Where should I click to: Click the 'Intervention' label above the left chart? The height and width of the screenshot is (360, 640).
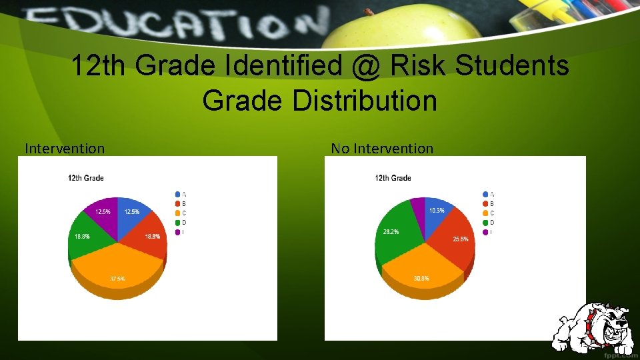tap(65, 148)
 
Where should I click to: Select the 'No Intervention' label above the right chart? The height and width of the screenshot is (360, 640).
tap(382, 148)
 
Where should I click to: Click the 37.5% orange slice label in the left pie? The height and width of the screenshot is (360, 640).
tap(117, 279)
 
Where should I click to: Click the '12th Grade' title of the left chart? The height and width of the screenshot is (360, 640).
tap(86, 178)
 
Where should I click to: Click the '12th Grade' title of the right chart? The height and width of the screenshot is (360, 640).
tap(393, 178)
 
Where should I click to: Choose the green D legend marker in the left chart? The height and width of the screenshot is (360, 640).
tap(177, 222)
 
